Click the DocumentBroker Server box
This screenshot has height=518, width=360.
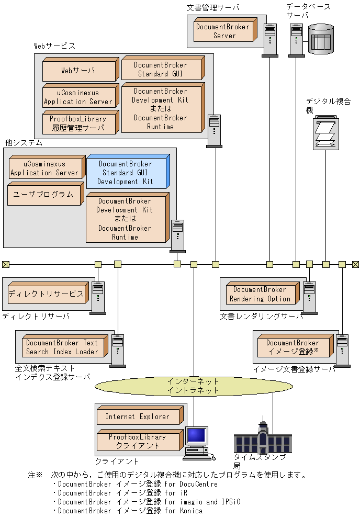coord(223,31)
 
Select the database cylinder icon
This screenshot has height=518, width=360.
coord(320,38)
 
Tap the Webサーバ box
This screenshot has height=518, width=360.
coord(78,70)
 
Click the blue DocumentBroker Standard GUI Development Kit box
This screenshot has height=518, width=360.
coord(126,173)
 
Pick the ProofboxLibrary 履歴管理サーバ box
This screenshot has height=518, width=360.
coord(78,123)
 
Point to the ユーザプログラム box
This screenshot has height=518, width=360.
coord(43,194)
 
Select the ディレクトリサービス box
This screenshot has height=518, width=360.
coord(46,294)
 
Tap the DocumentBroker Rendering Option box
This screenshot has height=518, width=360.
coord(260,294)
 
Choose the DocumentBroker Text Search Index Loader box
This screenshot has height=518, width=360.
coord(62,347)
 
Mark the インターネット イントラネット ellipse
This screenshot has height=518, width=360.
coord(193,386)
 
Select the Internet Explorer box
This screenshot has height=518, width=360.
coord(138,416)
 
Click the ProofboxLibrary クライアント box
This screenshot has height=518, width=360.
coord(137,441)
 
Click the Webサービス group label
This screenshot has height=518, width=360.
coord(54,46)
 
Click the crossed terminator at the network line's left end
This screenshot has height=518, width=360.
coord(5,264)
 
